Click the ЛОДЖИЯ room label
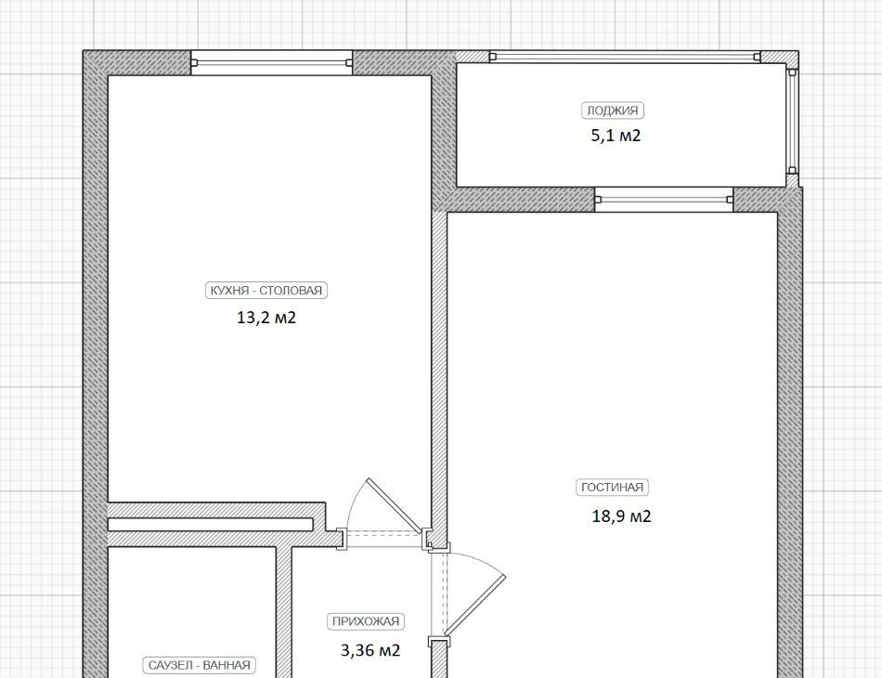(613, 111)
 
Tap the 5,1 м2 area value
(616, 136)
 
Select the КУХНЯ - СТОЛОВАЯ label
(266, 291)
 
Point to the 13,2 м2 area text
(266, 318)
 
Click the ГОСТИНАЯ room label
(612, 488)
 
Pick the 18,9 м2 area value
(621, 516)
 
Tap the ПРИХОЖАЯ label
(366, 621)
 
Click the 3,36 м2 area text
(370, 650)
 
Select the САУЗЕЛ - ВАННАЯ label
(199, 665)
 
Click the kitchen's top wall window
(272, 62)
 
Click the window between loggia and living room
(664, 200)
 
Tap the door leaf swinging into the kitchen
(395, 505)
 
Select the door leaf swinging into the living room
(475, 605)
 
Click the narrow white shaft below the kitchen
(210, 525)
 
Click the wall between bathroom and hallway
(283, 612)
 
